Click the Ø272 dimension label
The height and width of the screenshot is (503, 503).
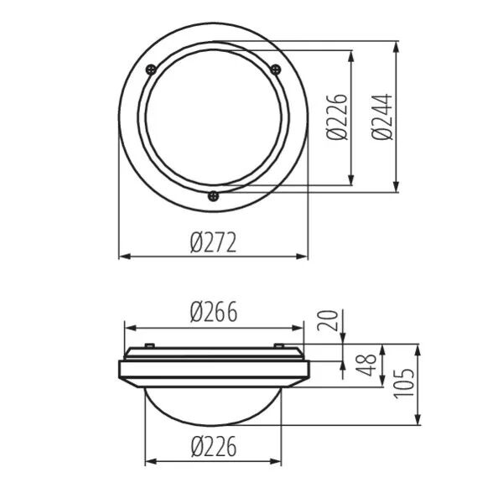[x=213, y=242]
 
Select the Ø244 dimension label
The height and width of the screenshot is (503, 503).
[x=382, y=117]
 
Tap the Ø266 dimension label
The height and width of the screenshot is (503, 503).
[x=214, y=312]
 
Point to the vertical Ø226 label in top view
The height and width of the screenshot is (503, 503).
[x=337, y=117]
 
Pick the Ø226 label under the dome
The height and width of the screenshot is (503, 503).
[x=214, y=446]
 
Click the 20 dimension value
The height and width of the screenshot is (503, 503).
[x=328, y=320]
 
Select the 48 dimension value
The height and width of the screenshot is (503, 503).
[x=366, y=365]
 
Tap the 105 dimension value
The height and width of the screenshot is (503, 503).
[x=404, y=384]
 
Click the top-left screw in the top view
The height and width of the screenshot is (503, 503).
[x=151, y=70]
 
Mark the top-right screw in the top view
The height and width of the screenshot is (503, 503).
[x=276, y=69]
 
